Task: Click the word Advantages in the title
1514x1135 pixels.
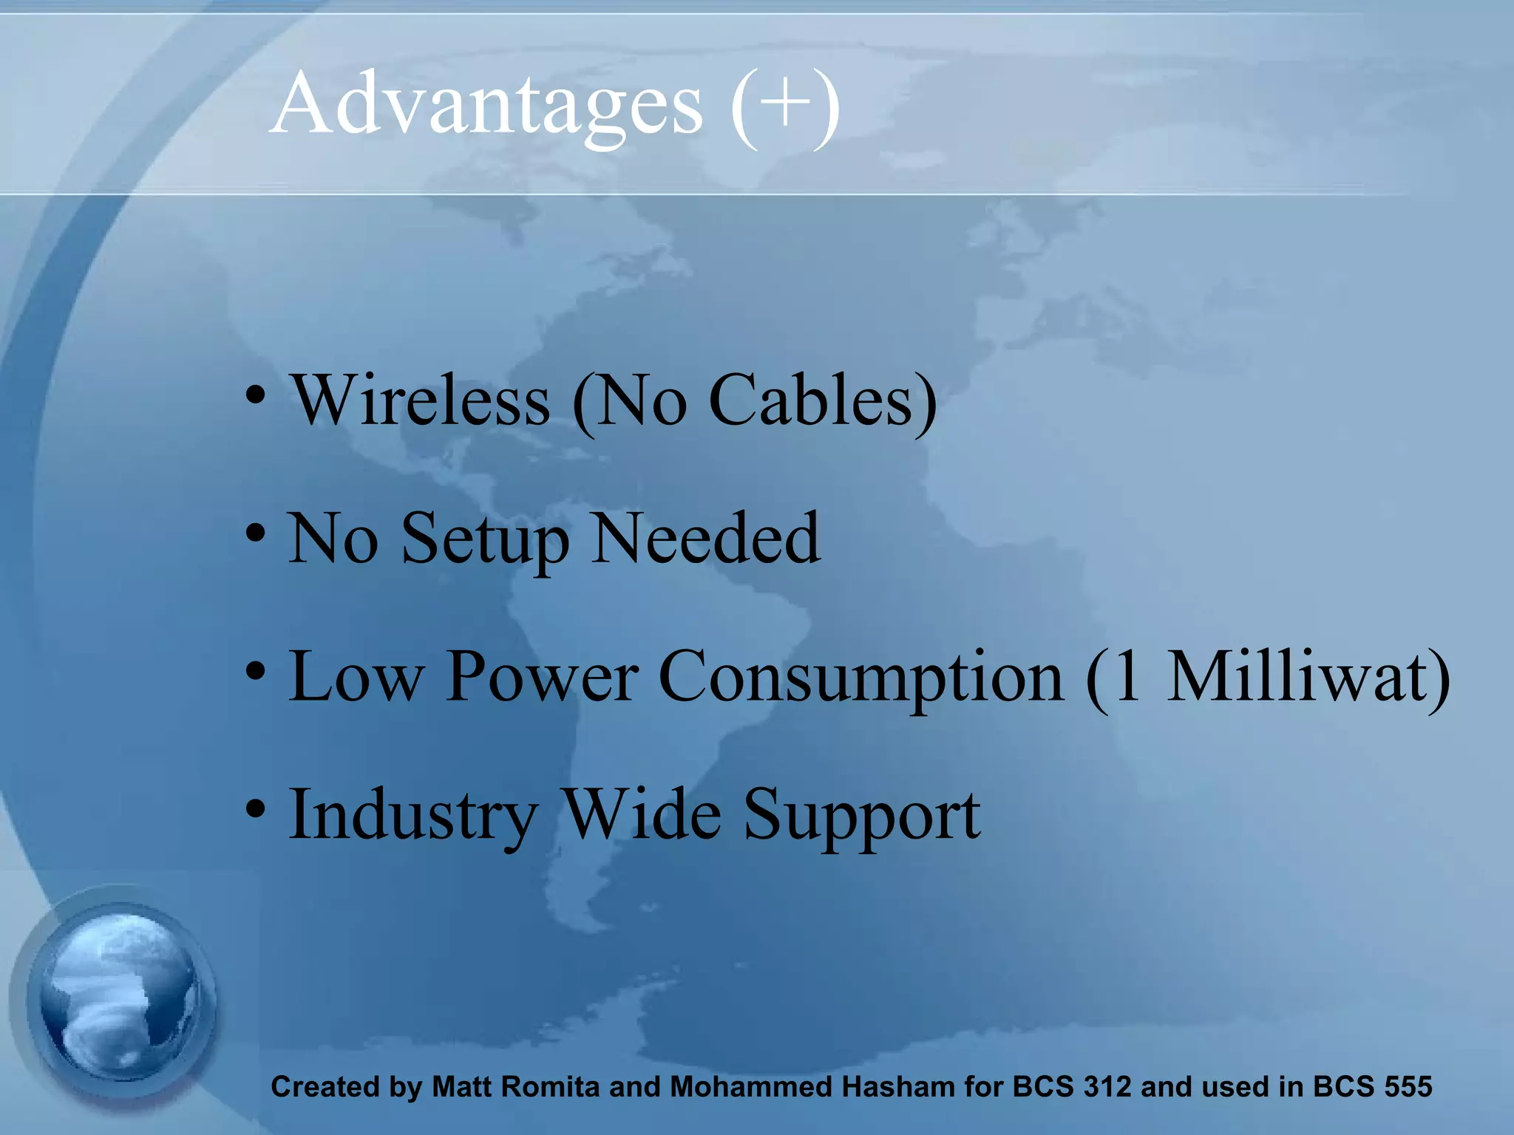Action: [488, 105]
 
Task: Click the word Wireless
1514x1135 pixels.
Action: [421, 401]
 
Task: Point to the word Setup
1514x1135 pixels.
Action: [485, 539]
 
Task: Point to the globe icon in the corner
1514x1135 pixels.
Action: [118, 998]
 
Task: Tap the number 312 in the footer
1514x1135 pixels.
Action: [1107, 1087]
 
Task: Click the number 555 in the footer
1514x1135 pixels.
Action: [1408, 1087]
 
